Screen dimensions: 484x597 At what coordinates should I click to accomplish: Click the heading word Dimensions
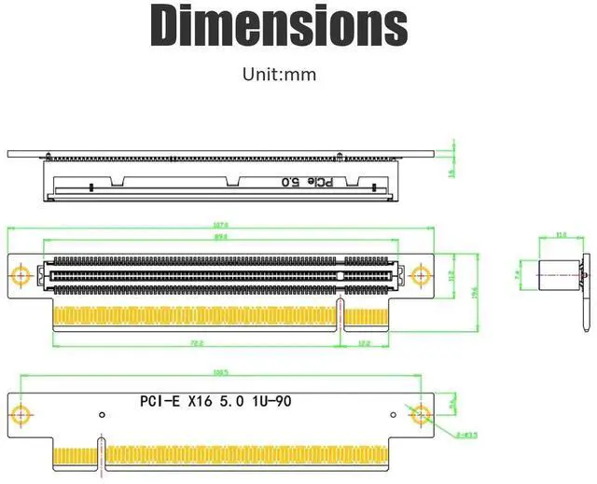click(279, 26)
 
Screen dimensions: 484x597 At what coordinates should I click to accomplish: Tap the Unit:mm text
click(279, 75)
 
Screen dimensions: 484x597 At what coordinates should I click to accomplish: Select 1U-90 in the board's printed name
click(277, 402)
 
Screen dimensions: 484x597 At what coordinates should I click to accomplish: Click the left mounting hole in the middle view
click(21, 276)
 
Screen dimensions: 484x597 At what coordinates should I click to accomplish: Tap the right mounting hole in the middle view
click(421, 276)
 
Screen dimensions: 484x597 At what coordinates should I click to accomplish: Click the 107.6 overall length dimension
click(221, 225)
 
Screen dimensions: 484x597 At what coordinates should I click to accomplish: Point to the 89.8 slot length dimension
click(221, 238)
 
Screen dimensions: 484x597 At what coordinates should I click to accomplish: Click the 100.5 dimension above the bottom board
click(221, 373)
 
